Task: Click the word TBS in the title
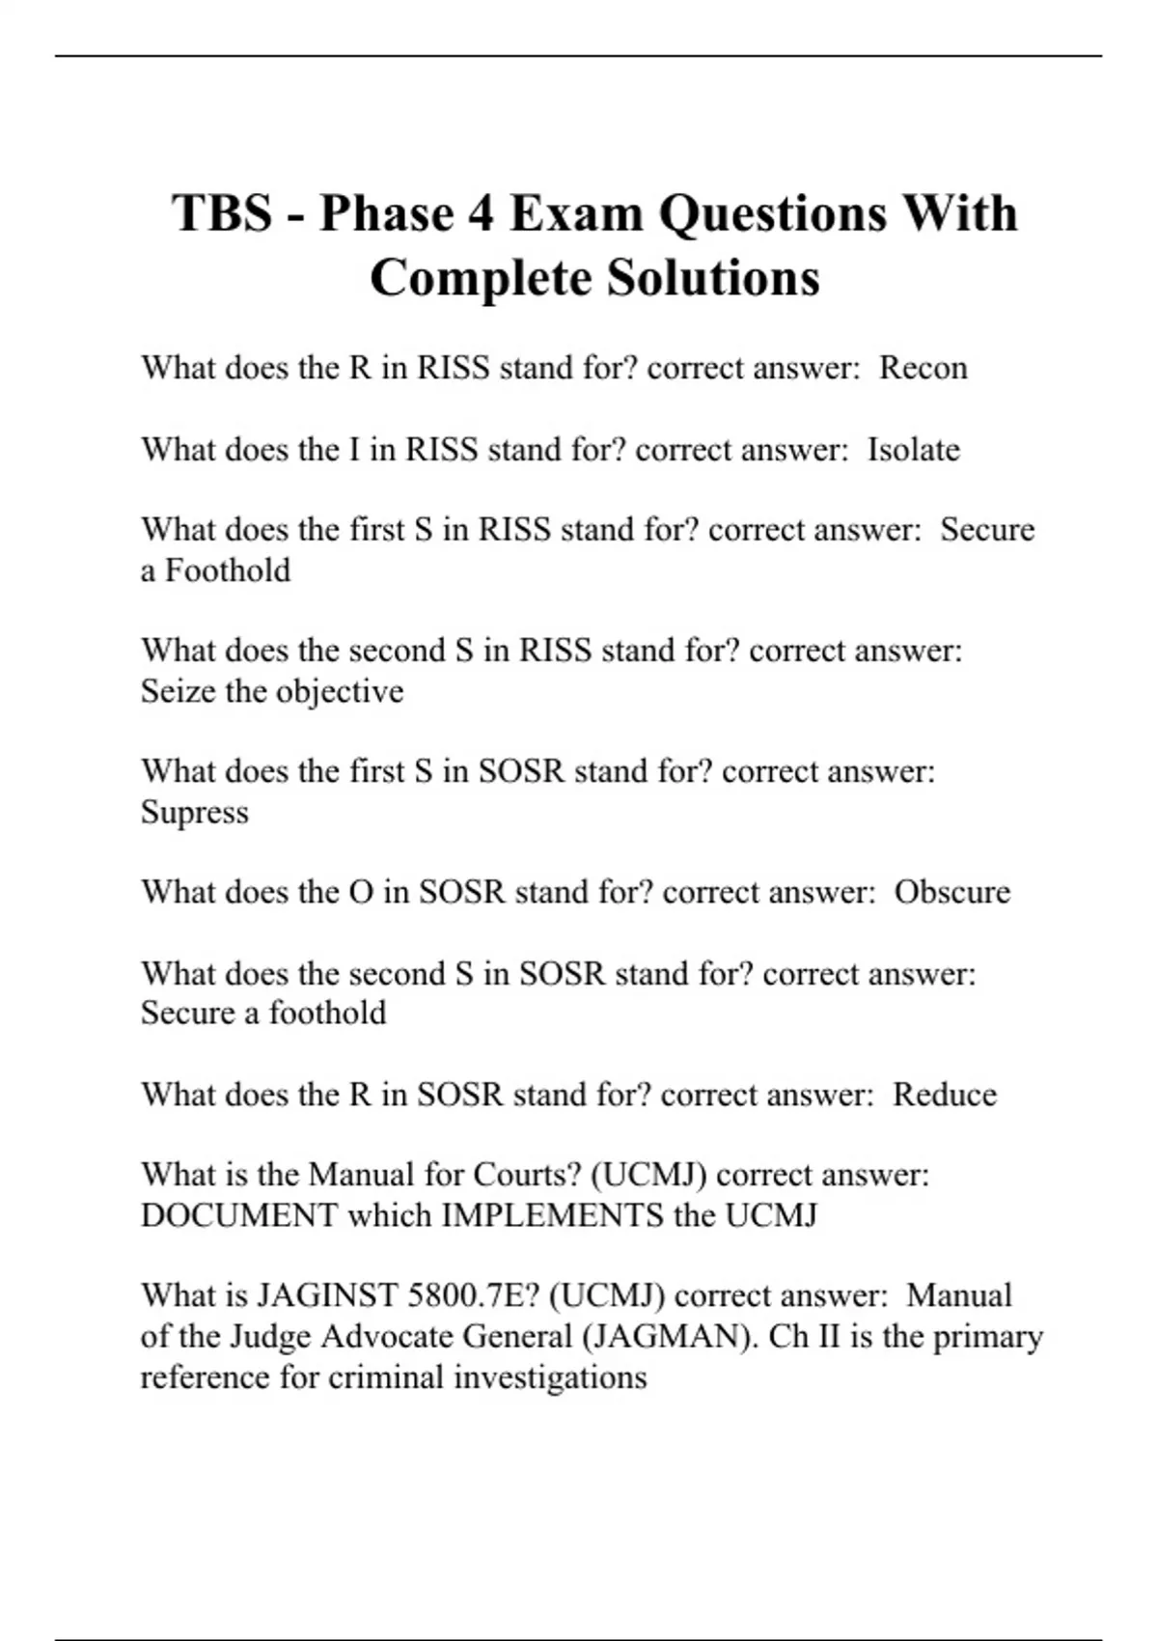(x=222, y=213)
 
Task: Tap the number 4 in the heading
(x=478, y=213)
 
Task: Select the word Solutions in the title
(x=713, y=278)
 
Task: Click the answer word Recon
(x=923, y=368)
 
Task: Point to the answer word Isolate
(x=913, y=450)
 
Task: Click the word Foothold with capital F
(x=228, y=570)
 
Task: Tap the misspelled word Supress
(x=195, y=812)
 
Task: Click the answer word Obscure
(x=951, y=892)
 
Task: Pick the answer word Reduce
(x=944, y=1095)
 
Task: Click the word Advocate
(x=387, y=1336)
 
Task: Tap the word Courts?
(x=527, y=1175)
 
